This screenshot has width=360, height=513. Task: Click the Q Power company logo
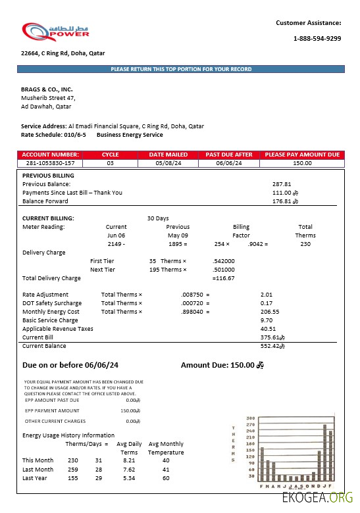point(55,32)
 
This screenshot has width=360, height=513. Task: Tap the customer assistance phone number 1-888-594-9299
point(317,39)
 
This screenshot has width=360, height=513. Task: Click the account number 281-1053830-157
point(50,162)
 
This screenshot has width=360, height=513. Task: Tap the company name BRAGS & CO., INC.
point(47,89)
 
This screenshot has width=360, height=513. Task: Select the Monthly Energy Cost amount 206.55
point(270,312)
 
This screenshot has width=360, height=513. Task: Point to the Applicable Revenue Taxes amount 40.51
point(267,328)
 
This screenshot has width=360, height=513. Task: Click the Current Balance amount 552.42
point(270,345)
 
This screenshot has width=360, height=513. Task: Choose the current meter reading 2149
point(115,244)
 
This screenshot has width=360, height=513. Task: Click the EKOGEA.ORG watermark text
point(317,499)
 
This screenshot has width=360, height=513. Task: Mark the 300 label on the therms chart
point(250,418)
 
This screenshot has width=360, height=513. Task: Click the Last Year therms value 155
point(72,478)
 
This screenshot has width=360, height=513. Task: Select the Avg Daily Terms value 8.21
point(129,460)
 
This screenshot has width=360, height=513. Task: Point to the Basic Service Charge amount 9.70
point(267,320)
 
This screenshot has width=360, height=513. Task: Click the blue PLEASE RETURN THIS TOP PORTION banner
point(181,69)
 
